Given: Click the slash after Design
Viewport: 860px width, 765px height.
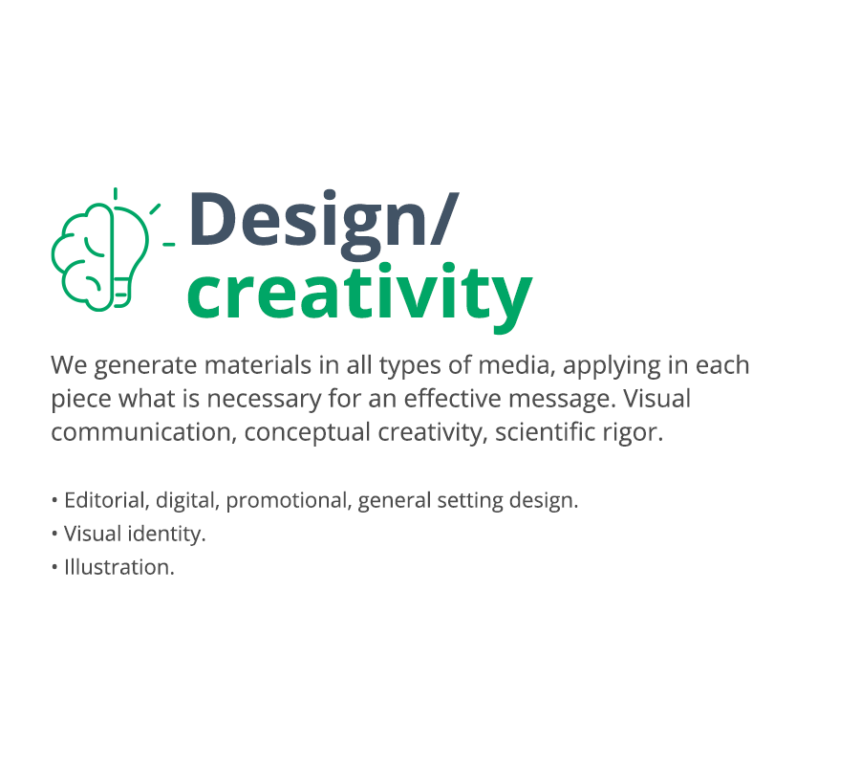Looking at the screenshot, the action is coord(444,218).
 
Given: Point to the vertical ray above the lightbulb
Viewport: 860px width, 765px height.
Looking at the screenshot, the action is coord(116,193).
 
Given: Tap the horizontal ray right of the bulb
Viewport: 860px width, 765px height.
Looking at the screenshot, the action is coord(169,244).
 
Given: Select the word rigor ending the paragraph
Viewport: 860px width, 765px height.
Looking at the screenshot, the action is coord(633,433).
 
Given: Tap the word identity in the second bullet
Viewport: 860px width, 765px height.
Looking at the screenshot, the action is coord(166,534).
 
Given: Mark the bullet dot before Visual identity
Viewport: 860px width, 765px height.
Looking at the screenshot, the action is coord(54,534).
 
